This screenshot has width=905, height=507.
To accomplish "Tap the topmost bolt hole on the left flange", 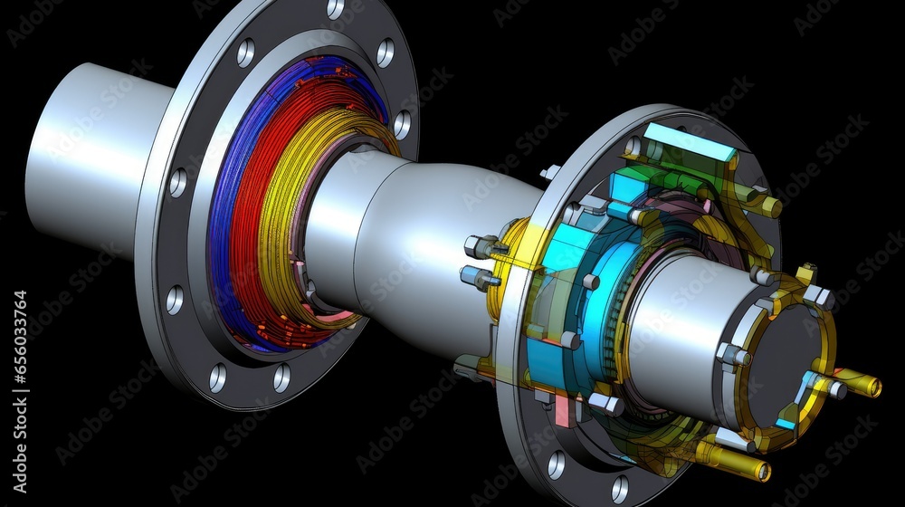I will click(335, 9).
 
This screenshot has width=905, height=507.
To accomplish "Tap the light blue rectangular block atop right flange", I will click(691, 142).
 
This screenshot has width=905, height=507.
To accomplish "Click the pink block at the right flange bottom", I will click(562, 412).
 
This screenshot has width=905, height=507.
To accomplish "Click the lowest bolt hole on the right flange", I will click(619, 489).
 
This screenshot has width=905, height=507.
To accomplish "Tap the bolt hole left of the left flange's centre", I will click(174, 300).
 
